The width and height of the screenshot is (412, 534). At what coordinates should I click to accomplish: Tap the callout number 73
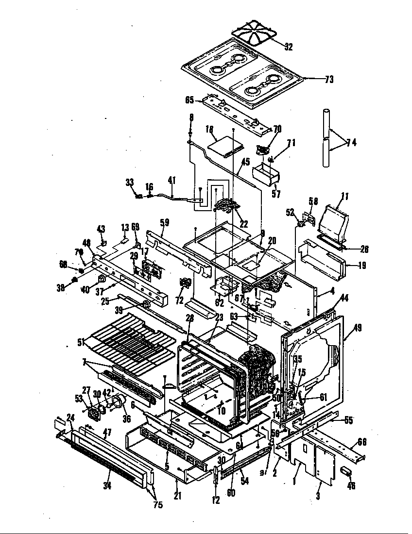click(329, 80)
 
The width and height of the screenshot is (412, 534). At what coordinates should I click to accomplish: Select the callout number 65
click(190, 100)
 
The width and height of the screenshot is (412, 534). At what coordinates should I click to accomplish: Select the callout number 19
click(363, 265)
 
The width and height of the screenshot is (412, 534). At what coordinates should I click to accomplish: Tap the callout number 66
click(362, 441)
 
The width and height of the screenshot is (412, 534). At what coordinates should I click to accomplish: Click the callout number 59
click(165, 223)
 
